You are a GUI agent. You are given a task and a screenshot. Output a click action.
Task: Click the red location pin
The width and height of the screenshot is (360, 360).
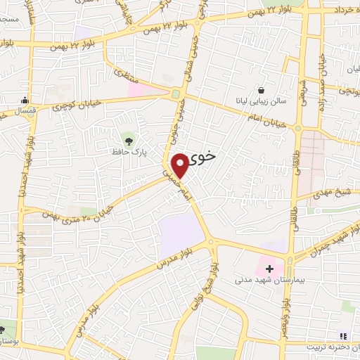(181, 165)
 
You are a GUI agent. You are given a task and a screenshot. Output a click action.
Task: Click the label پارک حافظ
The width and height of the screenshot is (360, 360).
(127, 151)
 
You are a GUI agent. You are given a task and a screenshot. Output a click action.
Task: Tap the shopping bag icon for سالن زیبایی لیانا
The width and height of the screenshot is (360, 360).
(261, 90)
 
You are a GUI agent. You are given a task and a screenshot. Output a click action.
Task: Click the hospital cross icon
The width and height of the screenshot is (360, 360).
(270, 269)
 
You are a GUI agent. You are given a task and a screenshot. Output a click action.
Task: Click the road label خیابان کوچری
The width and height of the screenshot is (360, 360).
(70, 105)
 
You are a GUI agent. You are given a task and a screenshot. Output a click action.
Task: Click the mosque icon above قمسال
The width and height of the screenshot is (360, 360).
(25, 100)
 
